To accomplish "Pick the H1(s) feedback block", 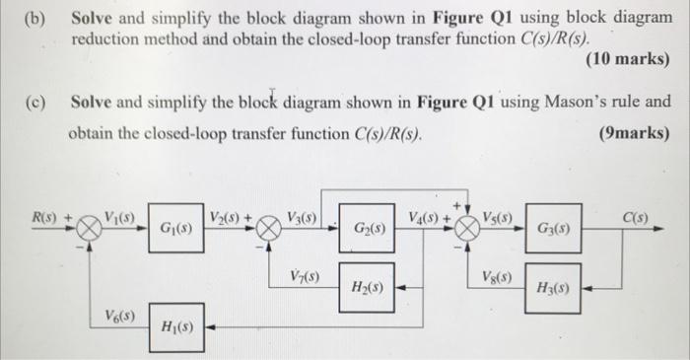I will pos(177,327).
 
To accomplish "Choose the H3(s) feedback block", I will pos(552,288).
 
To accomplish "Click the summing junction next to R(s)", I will pos(90,227).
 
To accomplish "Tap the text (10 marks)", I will pos(627,60).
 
